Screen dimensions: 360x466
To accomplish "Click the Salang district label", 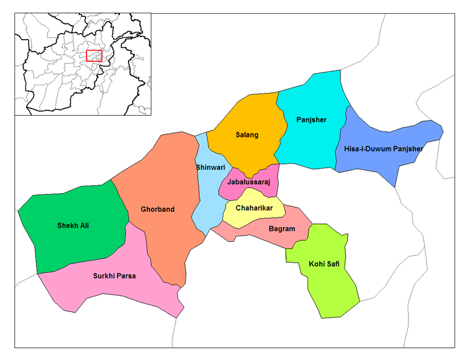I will (247, 135).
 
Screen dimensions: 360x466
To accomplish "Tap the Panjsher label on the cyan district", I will (311, 119).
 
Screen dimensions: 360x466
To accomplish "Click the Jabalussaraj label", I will (249, 181).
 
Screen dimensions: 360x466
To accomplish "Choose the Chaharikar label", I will (254, 208).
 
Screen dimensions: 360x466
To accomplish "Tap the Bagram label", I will (282, 228).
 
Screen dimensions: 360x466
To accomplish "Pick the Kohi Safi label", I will (324, 263).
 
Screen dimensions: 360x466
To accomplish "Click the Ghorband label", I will (158, 209).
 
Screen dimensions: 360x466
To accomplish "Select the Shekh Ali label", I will (77, 226).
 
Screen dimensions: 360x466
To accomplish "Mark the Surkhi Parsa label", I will (114, 276).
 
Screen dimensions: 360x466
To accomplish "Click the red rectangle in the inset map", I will (94, 56).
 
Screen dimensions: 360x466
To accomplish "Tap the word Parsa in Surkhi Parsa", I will (125, 276).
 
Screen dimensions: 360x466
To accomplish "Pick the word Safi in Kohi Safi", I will (333, 263).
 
